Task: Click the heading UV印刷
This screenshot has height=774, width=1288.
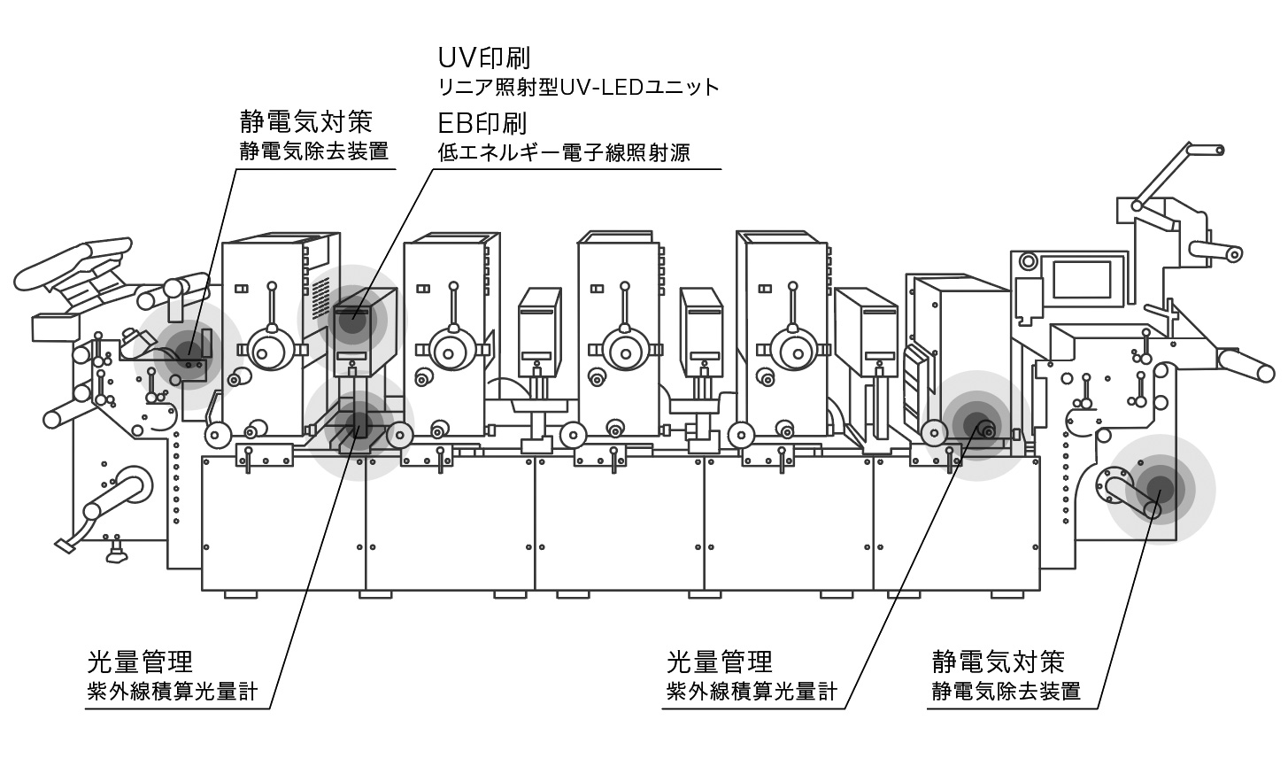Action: [x=484, y=58]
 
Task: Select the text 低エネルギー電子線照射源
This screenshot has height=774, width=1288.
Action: [x=564, y=152]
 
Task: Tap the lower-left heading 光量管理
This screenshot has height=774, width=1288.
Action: [x=140, y=661]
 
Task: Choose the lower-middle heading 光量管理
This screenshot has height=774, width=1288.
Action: [x=719, y=661]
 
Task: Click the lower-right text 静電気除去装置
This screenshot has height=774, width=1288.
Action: [x=1006, y=691]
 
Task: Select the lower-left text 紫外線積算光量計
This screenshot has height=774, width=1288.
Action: [x=173, y=691]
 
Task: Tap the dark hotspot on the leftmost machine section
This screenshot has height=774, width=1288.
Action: [x=189, y=352]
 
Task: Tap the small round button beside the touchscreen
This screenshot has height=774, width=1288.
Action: [x=1027, y=260]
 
